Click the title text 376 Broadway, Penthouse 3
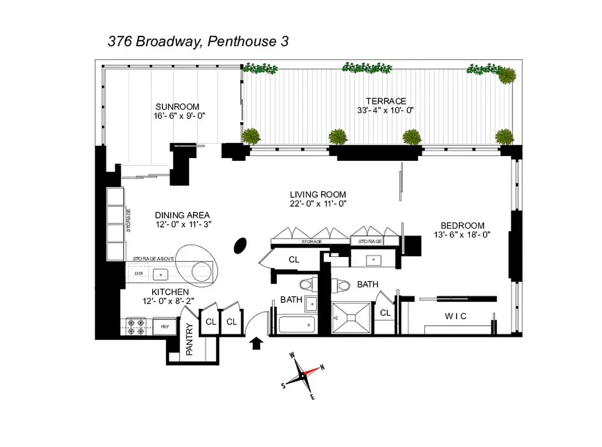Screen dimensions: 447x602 click(198, 42)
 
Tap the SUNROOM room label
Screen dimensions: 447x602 click(177, 107)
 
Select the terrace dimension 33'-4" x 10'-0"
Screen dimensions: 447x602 click(385, 110)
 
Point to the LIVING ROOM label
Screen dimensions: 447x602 click(318, 194)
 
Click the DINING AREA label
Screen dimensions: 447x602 click(182, 215)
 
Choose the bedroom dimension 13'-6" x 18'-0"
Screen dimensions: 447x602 click(462, 235)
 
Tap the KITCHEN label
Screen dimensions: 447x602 click(170, 292)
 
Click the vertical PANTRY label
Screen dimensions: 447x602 click(189, 340)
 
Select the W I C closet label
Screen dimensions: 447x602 click(455, 316)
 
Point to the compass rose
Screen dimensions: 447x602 click(303, 375)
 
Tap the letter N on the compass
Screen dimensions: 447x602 click(322, 367)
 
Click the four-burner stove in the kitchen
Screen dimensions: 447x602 click(136, 326)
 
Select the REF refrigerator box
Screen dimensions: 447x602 click(166, 326)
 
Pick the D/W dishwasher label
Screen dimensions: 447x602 click(139, 274)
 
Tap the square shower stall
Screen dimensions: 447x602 click(351, 317)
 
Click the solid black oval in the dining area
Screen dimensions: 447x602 click(240, 245)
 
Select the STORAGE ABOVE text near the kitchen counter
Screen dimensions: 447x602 click(154, 259)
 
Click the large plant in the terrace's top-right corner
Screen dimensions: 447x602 click(506, 75)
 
